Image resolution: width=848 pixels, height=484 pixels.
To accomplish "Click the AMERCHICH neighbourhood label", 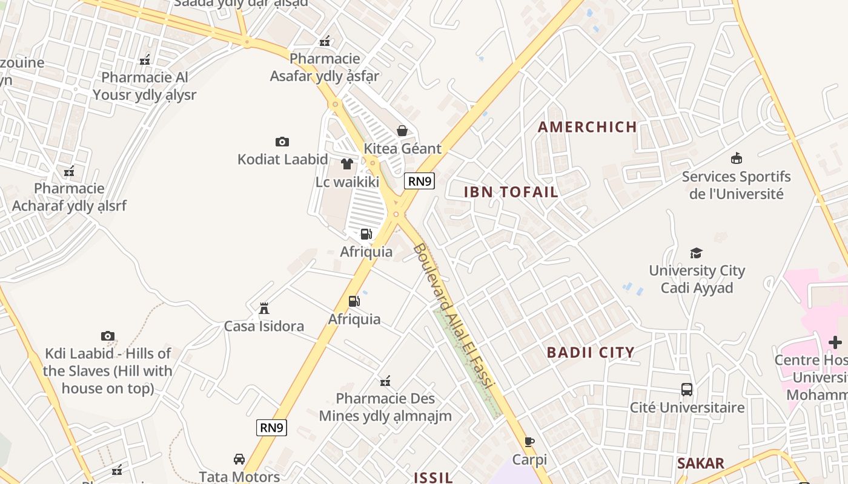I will click(x=588, y=127).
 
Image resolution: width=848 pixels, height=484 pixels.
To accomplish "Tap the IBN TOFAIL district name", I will click(x=511, y=192).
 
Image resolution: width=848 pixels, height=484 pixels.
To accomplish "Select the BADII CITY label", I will click(x=591, y=352).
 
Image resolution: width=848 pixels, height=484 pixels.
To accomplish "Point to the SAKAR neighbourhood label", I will click(x=701, y=463).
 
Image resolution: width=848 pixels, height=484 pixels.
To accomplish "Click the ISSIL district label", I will click(x=433, y=477).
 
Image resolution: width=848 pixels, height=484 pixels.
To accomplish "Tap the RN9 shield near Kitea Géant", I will click(x=420, y=180).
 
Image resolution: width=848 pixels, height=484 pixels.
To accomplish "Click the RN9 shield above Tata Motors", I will click(x=271, y=428).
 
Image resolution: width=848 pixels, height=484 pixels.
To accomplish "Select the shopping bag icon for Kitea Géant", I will click(x=402, y=131).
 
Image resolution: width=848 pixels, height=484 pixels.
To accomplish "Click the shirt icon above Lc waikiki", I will click(x=347, y=164).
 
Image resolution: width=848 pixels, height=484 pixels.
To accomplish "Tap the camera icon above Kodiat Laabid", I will click(x=282, y=142).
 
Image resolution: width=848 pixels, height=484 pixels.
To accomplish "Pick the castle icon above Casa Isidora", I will click(x=264, y=309).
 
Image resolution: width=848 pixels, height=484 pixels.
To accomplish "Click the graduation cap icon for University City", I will click(x=697, y=253).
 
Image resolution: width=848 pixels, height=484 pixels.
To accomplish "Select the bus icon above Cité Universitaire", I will click(x=687, y=390).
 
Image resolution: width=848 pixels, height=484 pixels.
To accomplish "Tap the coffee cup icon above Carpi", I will click(x=529, y=442).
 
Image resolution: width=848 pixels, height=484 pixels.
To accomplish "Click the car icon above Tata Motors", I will click(x=239, y=459).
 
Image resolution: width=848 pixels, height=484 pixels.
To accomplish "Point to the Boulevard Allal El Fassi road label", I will click(x=454, y=316).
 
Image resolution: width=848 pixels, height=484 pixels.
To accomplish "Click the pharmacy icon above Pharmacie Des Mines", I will click(x=385, y=381).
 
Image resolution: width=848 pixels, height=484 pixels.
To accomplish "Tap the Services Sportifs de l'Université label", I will click(x=736, y=185).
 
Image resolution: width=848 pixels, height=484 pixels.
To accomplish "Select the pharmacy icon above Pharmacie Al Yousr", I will click(x=145, y=60).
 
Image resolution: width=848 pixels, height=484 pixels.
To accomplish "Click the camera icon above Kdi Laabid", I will click(x=108, y=336).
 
